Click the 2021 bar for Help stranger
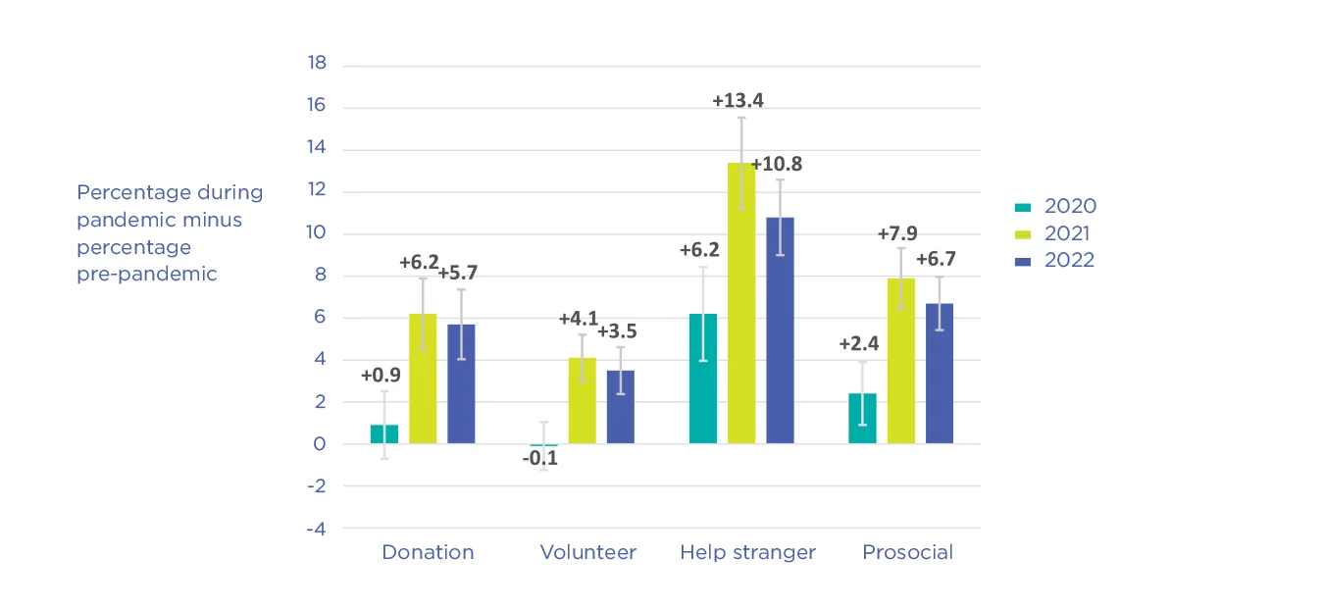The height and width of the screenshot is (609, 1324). (x=741, y=303)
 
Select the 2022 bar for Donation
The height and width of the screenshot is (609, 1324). (x=461, y=383)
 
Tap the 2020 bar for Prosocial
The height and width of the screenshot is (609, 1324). (x=862, y=418)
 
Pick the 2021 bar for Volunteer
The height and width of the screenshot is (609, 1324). (x=583, y=400)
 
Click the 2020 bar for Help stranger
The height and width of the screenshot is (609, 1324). (x=703, y=379)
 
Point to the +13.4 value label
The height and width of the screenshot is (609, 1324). (x=738, y=100)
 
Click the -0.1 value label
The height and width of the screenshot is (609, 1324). (x=538, y=458)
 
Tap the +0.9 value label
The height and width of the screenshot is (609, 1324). (x=380, y=375)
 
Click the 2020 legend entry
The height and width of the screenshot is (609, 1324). (x=1054, y=206)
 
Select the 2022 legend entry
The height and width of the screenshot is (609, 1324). (x=1054, y=261)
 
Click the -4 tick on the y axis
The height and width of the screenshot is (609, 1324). (x=317, y=528)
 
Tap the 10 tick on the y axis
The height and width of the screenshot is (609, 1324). (x=317, y=233)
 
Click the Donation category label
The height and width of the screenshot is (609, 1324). (x=428, y=552)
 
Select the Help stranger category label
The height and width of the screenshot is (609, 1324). (x=747, y=552)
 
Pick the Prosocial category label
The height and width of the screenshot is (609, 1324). (x=907, y=552)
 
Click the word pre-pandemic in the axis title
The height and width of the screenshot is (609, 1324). (x=146, y=275)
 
